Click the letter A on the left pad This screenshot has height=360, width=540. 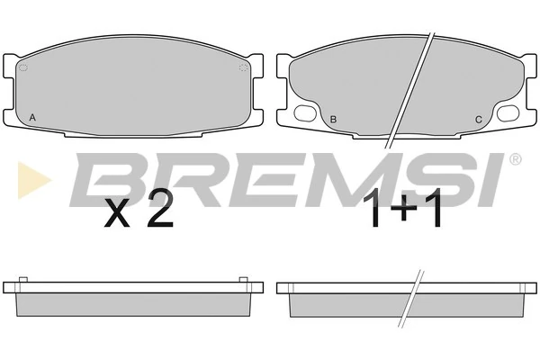click(32, 118)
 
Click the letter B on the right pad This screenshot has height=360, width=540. click(333, 120)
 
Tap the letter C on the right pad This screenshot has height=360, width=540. click(479, 120)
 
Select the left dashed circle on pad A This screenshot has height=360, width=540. click(23, 67)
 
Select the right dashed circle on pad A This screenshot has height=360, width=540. click(244, 67)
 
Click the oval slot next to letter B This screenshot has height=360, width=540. click(305, 113)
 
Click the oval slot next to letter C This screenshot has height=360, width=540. click(508, 113)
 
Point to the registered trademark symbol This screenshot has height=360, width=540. click(515, 159)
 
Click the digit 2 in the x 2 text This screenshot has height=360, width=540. click(160, 208)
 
